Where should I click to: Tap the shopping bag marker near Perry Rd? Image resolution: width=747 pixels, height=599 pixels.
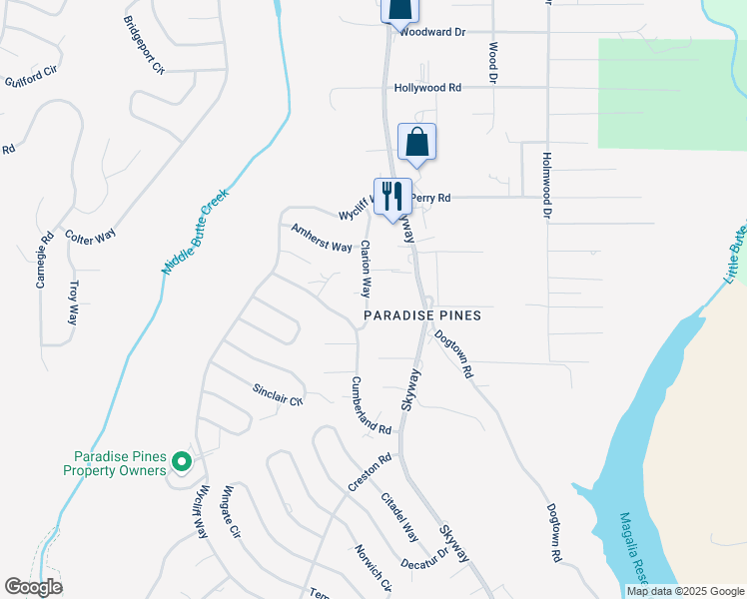click(x=417, y=143)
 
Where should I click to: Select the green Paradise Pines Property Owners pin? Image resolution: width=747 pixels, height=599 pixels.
click(x=181, y=461)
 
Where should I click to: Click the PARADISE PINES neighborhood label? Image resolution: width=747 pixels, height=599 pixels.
click(x=421, y=315)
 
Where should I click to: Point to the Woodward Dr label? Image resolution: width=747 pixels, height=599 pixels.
click(x=432, y=32)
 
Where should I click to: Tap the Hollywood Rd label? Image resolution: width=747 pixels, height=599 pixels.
click(x=427, y=88)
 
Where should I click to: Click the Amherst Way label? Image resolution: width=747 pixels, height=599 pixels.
click(x=321, y=238)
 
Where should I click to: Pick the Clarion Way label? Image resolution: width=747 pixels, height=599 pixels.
click(x=367, y=269)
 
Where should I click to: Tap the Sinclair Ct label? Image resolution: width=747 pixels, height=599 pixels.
click(x=278, y=394)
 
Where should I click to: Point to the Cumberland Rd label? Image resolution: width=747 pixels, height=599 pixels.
click(x=371, y=404)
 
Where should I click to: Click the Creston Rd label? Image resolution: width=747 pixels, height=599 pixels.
click(x=370, y=472)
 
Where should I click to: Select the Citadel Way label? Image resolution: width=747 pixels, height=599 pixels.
click(x=399, y=515)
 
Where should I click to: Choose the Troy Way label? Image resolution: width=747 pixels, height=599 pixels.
click(x=73, y=302)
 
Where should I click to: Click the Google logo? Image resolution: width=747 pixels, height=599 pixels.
click(x=33, y=587)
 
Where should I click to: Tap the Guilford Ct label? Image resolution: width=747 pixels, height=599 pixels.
click(x=32, y=76)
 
